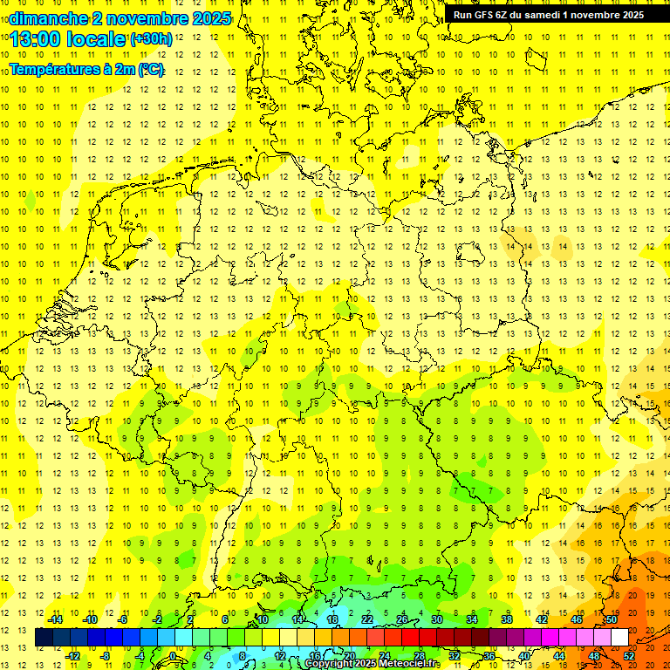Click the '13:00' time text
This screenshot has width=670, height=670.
tap(34, 39)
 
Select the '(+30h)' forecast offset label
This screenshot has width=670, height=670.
tap(151, 39)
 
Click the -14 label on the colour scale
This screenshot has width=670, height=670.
tap(54, 619)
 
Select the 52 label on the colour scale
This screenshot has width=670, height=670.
tap(629, 655)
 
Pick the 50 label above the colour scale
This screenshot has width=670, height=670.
tap(612, 619)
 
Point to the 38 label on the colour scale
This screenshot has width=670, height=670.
tap(507, 619)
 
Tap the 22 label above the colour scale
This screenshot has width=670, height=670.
tap(367, 619)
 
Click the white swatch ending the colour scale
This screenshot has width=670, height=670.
tap(620, 637)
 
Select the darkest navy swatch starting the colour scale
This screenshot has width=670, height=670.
tap(44, 637)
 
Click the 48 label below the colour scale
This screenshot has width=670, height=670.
tap(594, 655)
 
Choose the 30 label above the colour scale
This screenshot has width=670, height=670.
tap(437, 619)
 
